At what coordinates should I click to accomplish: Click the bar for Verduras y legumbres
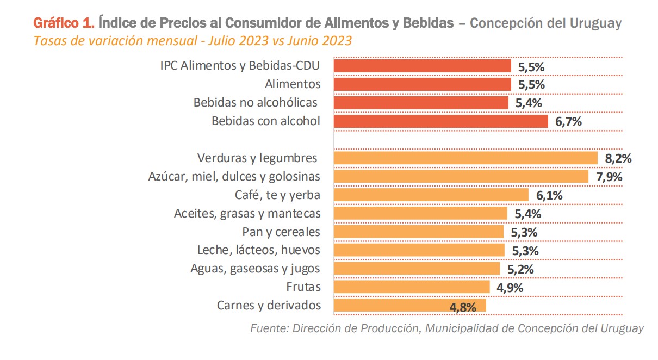pyautogui.click(x=465, y=158)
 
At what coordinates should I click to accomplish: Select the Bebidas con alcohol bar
pyautogui.click(x=440, y=121)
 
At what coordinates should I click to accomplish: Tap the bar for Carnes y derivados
pyautogui.click(x=409, y=306)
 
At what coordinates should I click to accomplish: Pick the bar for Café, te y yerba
pyautogui.click(x=431, y=195)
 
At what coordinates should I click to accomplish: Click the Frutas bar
pyautogui.click(x=412, y=287)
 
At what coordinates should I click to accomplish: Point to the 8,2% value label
pyautogui.click(x=618, y=159)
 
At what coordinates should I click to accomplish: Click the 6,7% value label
pyautogui.click(x=568, y=122)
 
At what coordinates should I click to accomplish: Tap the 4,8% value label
pyautogui.click(x=463, y=307)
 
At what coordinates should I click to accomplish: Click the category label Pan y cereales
pyautogui.click(x=281, y=232)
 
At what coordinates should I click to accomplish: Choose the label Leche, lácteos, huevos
pyautogui.click(x=258, y=250)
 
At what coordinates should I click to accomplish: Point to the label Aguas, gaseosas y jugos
pyautogui.click(x=255, y=269)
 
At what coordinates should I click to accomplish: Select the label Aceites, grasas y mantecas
pyautogui.click(x=247, y=214)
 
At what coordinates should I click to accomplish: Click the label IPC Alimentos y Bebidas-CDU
pyautogui.click(x=240, y=66)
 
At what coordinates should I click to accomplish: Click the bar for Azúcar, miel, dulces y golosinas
pyautogui.click(x=461, y=177)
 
